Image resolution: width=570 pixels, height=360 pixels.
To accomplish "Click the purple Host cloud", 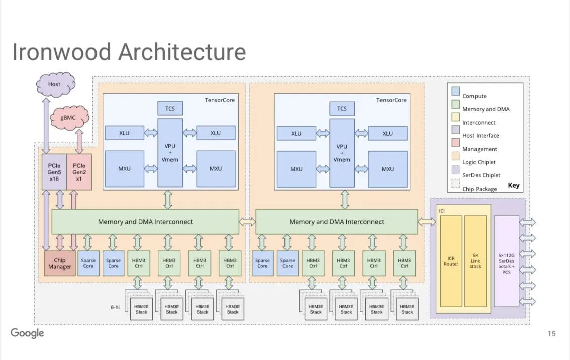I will click(55, 84).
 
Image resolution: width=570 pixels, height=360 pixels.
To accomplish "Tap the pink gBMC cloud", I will click(68, 117).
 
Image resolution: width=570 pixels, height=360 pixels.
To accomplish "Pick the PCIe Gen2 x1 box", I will click(79, 172).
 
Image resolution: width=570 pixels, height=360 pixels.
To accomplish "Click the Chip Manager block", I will click(59, 263).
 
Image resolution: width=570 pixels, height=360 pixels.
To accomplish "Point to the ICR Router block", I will click(451, 261).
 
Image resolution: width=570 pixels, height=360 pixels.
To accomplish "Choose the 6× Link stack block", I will click(475, 261).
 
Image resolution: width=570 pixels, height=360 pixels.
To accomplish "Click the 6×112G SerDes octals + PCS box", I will click(506, 261).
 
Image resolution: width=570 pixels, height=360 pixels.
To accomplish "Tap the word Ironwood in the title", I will click(61, 52).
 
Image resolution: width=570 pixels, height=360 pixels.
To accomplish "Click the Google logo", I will click(27, 333).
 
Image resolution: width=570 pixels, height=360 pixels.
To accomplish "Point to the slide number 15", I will click(551, 334).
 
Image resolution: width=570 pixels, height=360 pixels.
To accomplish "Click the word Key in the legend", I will click(513, 185).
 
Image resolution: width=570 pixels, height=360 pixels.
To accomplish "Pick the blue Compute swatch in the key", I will click(455, 93).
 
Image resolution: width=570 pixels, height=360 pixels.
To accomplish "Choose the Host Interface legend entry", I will click(481, 136).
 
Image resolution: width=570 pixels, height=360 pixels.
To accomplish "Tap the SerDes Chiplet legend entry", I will click(481, 175).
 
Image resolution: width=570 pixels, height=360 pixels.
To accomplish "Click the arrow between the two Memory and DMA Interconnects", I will click(247, 222).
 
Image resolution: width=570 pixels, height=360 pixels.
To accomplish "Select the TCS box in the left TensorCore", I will click(170, 108).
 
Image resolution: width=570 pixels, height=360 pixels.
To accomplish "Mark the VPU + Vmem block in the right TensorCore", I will click(342, 153).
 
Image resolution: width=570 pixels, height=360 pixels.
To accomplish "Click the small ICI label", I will click(442, 210).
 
